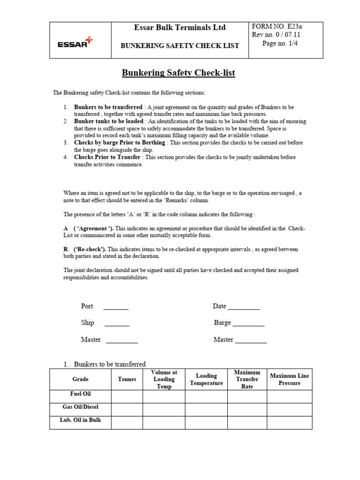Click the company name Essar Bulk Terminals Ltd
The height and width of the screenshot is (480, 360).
click(180, 28)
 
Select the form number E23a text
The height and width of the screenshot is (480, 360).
click(278, 26)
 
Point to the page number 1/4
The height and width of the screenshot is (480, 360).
click(280, 44)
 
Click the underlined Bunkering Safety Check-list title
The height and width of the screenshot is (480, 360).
click(179, 73)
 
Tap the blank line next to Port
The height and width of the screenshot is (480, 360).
click(115, 307)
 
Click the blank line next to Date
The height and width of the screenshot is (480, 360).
click(243, 307)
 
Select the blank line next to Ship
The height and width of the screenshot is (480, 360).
click(117, 323)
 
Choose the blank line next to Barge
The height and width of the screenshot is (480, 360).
click(248, 323)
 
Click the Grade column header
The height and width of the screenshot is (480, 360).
click(80, 379)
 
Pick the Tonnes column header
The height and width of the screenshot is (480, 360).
click(127, 379)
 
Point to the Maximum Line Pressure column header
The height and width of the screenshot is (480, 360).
click(289, 379)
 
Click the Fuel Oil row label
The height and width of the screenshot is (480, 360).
click(80, 394)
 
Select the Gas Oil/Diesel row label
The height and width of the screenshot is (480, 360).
click(80, 407)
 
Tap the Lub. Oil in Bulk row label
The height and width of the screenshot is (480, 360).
click(80, 420)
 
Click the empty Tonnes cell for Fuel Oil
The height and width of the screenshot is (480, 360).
click(127, 397)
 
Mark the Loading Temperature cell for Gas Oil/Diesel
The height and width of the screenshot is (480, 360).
click(206, 410)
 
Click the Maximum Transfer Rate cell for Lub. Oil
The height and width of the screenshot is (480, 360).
click(247, 423)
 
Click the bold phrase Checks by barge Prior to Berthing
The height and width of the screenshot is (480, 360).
click(120, 142)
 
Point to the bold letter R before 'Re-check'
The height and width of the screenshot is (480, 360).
click(66, 249)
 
